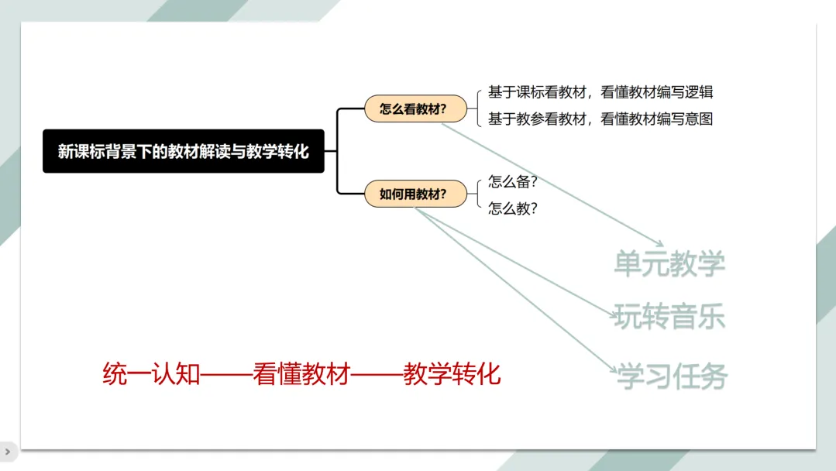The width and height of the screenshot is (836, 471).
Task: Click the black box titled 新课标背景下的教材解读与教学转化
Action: pos(184,151)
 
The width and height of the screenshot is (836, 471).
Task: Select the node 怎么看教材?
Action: pos(416,109)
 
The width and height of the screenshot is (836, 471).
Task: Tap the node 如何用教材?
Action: pos(416,194)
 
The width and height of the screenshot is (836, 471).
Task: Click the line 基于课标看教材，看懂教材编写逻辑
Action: pos(600,92)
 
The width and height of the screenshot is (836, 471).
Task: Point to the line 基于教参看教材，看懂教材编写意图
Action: pos(600,119)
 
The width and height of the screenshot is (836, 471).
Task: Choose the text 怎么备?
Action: pos(512,182)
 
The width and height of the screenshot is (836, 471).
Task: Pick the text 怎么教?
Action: pos(512,208)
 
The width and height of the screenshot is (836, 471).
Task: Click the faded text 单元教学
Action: pos(669,263)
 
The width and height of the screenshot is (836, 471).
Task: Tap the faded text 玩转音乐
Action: pos(669,317)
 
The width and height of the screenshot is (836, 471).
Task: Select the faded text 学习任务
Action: pos(672,377)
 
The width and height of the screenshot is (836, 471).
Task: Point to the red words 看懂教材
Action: pos(302,374)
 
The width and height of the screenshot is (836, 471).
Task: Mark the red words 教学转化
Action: pos(452,374)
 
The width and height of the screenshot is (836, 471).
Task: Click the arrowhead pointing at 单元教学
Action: pos(659,243)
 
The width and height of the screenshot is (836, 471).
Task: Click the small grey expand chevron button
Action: pos(8,451)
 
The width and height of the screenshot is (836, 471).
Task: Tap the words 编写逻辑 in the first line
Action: pos(686,92)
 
